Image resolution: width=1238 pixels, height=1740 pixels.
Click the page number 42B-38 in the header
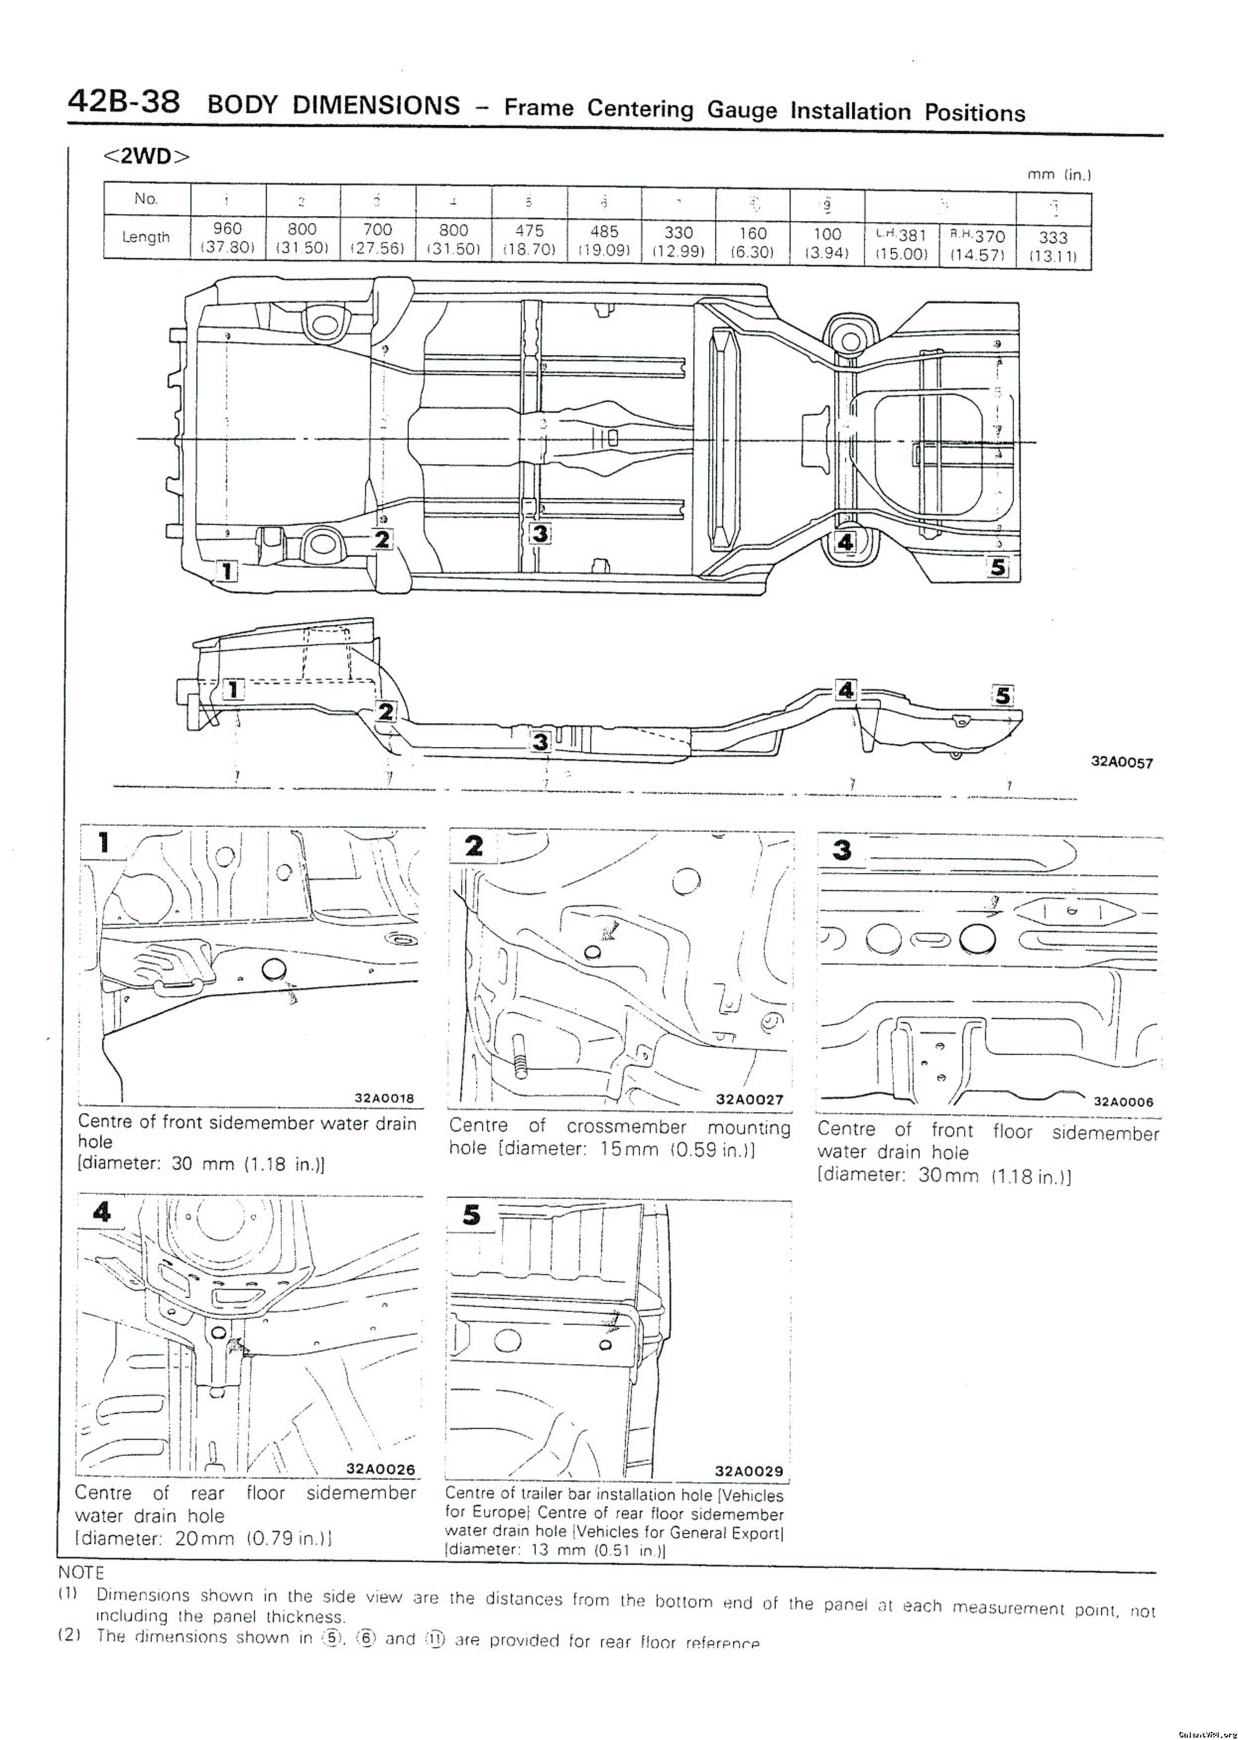tap(124, 101)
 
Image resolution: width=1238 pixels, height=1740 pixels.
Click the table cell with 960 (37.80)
tap(227, 237)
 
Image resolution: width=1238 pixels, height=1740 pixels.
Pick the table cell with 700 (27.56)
tap(377, 239)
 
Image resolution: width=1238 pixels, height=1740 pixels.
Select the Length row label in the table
tap(146, 237)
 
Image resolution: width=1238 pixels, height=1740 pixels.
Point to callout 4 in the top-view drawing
tap(845, 542)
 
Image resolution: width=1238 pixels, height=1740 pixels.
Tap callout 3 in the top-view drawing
tap(540, 534)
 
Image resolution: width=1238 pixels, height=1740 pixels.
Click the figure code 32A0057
tap(1122, 762)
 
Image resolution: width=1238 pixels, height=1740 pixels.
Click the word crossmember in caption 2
tap(626, 1127)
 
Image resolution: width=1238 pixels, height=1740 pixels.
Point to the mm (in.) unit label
tap(1059, 175)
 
